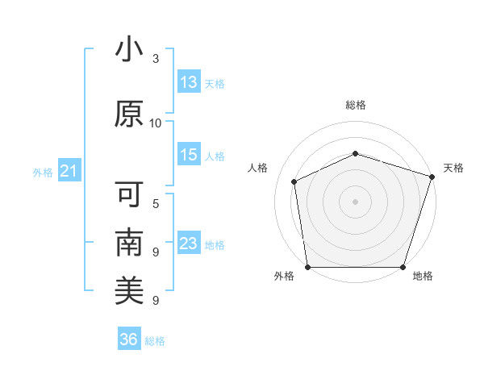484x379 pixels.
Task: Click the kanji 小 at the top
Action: click(129, 48)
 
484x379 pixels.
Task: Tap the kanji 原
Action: click(129, 114)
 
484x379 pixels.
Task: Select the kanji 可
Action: click(129, 194)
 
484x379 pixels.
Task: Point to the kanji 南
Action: click(129, 242)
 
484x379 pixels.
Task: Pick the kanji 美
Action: click(129, 290)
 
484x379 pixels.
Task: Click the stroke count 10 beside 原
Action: click(155, 123)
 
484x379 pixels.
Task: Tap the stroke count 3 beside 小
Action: click(156, 59)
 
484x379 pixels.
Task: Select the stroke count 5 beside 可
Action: click(156, 204)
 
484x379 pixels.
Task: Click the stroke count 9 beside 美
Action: click(156, 300)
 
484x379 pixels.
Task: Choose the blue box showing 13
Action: click(189, 81)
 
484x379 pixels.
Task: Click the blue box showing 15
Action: click(189, 154)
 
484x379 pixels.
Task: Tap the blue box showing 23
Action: click(189, 242)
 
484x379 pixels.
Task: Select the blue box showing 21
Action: click(69, 170)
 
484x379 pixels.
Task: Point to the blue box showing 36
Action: click(129, 338)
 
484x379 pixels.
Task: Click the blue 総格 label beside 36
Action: click(155, 341)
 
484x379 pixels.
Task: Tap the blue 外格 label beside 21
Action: click(43, 173)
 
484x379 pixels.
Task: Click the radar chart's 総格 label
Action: click(356, 105)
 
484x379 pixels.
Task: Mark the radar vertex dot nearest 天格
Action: click(432, 177)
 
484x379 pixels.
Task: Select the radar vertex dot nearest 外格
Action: click(308, 267)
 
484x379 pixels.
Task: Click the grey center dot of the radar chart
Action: click(355, 202)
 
